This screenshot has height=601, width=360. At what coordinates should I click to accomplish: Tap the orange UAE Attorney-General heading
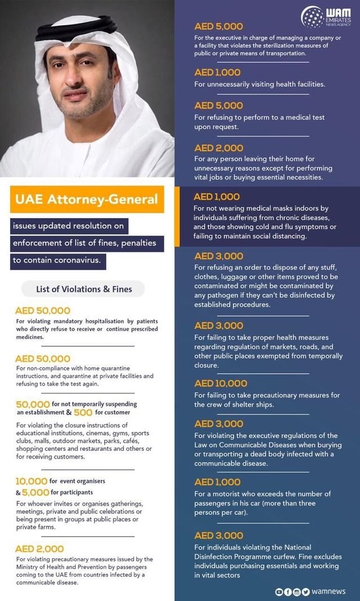(x=87, y=199)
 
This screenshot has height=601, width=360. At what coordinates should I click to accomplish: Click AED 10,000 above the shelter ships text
(x=220, y=383)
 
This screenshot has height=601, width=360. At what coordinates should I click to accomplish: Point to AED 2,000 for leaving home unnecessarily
(x=218, y=148)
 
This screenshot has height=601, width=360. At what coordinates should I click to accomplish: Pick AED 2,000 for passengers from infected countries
(x=39, y=549)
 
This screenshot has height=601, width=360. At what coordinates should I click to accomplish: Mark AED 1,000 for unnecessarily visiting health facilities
(x=217, y=73)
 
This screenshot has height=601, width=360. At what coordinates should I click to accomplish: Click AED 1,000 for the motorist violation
(x=217, y=482)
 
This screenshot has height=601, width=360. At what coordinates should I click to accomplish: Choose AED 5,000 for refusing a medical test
(x=218, y=106)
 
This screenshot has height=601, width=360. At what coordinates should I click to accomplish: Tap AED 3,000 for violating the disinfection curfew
(x=219, y=536)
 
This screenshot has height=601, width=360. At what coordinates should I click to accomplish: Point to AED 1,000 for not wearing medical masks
(x=217, y=197)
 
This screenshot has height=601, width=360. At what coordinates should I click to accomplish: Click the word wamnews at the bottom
(x=329, y=591)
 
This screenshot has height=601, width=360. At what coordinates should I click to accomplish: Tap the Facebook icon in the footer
(x=287, y=591)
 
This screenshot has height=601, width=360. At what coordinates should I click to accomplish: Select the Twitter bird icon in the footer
(x=306, y=591)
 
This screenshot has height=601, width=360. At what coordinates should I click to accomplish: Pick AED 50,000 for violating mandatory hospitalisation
(x=43, y=310)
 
